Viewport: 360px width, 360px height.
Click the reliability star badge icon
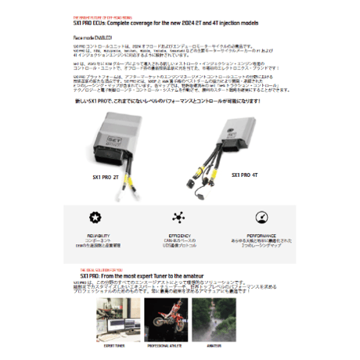pyautogui.click(x=95, y=217)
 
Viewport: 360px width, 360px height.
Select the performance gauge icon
pyautogui.click(x=261, y=217)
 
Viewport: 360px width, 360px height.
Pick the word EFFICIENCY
pyautogui.click(x=179, y=232)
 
